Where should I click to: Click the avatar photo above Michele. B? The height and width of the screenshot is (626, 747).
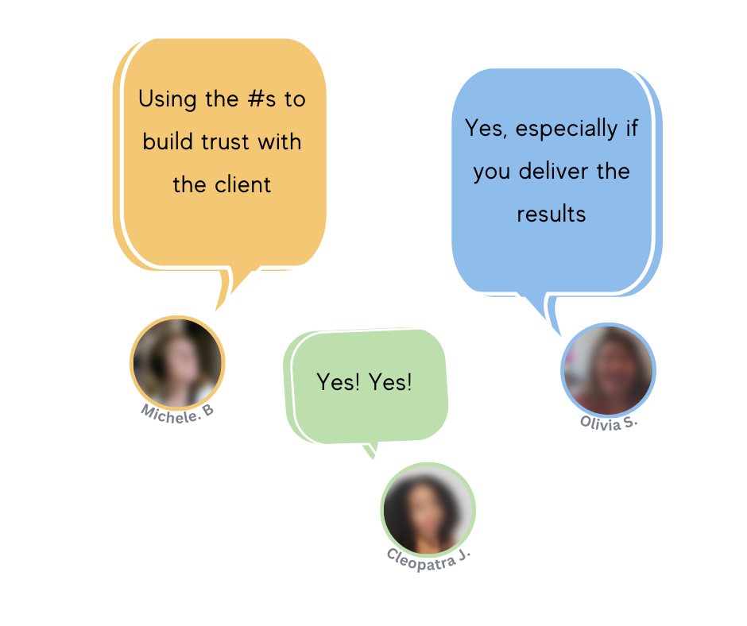(177, 362)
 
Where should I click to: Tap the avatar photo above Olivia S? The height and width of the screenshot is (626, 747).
(608, 369)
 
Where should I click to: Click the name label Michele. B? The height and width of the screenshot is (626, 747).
(177, 411)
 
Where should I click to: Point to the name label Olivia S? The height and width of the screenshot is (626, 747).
(609, 422)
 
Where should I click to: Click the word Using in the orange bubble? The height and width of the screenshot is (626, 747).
(164, 100)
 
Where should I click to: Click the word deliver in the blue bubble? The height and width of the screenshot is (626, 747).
(552, 172)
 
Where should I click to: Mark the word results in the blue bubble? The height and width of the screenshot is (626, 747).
(552, 214)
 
